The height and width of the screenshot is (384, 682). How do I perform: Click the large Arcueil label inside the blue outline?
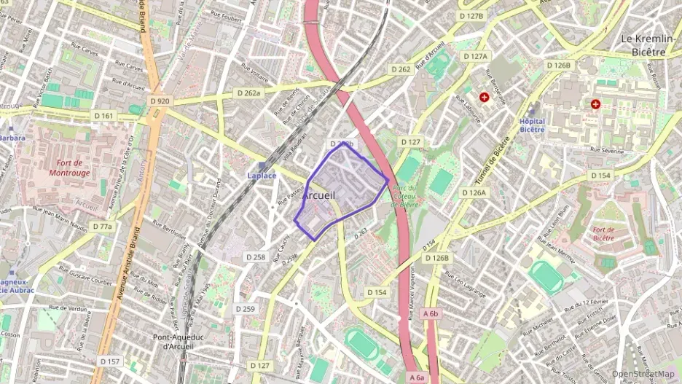point(318,196)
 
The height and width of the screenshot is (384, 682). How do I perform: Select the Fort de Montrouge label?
point(70,168)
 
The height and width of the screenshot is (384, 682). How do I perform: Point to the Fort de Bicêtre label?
point(603,234)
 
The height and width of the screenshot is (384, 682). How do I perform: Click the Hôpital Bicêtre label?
point(532,125)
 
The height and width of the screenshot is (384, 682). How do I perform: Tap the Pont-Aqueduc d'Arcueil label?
point(172,342)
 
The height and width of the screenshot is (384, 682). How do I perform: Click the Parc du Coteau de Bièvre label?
point(404,196)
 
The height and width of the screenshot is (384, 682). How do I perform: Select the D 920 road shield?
point(158,101)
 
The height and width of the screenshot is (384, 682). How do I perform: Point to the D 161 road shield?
point(104,116)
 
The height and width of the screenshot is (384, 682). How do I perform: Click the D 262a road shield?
point(248,93)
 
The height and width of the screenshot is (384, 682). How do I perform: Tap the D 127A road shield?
point(476,56)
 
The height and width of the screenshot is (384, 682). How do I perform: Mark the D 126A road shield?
point(474,192)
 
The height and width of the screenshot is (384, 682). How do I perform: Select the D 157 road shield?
point(110,361)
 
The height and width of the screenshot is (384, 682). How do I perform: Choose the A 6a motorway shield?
point(416,377)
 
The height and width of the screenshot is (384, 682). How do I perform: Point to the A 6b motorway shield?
point(431,313)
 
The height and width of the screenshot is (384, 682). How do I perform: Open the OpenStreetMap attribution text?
point(643,374)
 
